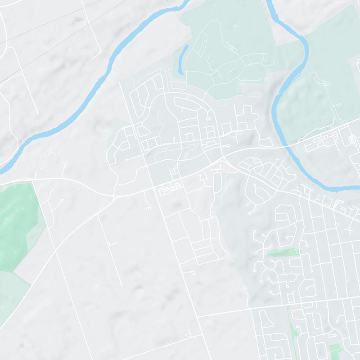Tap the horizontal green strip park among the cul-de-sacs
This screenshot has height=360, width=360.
[283, 253]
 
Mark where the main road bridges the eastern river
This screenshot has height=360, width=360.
[288, 146]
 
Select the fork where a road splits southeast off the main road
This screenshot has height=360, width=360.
[227, 157]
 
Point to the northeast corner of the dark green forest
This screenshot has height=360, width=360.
[32, 182]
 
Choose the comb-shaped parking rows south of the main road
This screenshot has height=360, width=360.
[170, 189]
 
